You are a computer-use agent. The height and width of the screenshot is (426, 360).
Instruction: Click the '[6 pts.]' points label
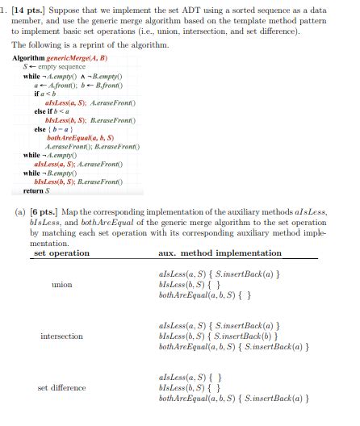[46, 211]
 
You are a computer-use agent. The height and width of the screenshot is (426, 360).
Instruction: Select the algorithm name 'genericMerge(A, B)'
[78, 60]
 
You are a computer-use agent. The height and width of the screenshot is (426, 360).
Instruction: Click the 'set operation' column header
[61, 253]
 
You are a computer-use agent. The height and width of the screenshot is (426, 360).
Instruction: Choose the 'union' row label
[61, 285]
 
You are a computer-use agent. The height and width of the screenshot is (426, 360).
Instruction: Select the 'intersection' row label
[61, 336]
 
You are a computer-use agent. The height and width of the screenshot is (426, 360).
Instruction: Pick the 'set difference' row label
[61, 387]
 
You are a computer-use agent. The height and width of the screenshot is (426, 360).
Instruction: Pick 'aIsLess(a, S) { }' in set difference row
[190, 377]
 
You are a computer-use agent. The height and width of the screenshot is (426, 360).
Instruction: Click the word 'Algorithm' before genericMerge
[28, 60]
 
